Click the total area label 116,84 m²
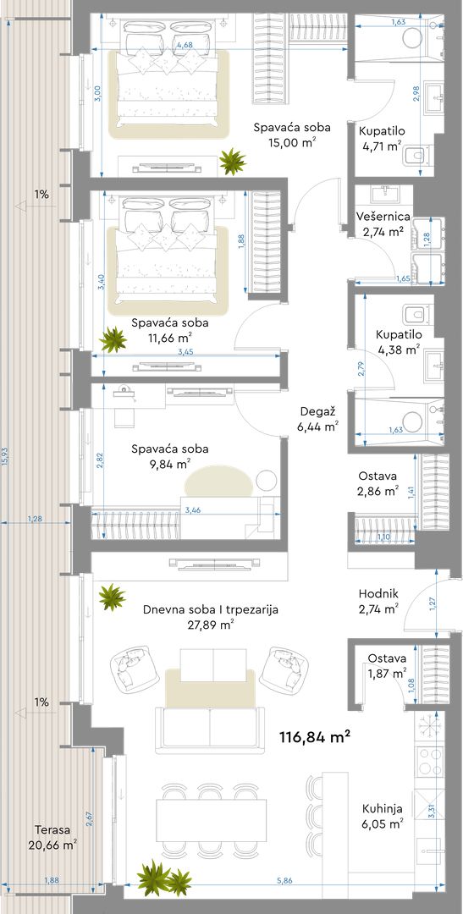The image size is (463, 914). click(316, 737)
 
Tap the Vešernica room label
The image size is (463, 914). click(383, 217)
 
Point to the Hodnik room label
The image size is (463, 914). click(378, 593)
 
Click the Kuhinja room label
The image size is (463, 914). click(382, 809)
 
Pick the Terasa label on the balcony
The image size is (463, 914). click(52, 830)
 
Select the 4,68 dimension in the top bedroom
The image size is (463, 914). click(185, 45)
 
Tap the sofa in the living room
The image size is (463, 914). click(211, 730)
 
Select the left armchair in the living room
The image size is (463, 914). click(133, 669)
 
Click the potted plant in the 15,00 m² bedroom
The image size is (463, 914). click(233, 161)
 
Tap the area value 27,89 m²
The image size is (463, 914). click(211, 625)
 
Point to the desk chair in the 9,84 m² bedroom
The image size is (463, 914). click(124, 416)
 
